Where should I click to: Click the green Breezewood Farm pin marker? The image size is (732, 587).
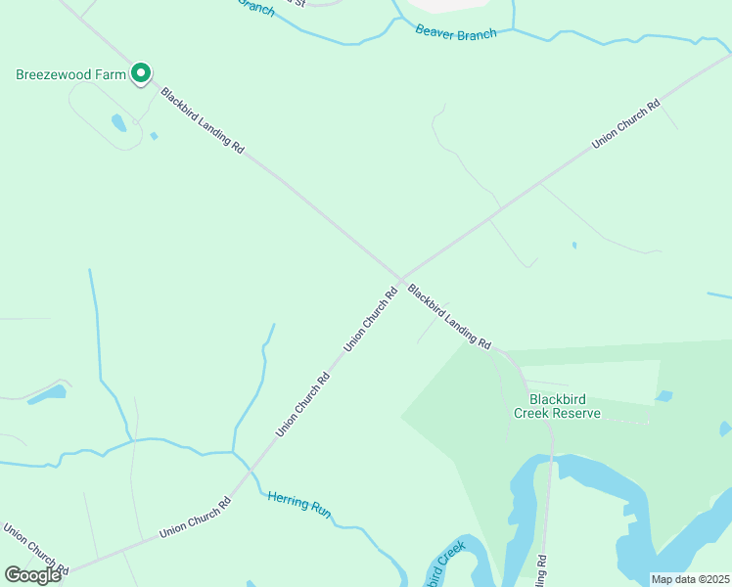(141, 72)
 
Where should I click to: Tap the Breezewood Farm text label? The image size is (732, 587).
(71, 74)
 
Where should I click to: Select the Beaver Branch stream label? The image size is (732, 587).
(456, 31)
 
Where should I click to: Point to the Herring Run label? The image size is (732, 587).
(299, 503)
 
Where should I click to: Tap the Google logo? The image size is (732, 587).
(32, 574)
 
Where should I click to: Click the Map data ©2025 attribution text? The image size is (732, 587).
(690, 579)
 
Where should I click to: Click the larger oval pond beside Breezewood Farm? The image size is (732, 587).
(118, 122)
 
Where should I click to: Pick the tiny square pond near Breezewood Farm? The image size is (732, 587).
(154, 136)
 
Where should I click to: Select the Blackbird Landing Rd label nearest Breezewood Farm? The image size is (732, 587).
(203, 120)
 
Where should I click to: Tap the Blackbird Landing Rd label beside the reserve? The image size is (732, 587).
(449, 316)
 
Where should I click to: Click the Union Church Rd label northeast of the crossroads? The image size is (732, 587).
(625, 124)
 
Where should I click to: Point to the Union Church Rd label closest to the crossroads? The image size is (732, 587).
(371, 319)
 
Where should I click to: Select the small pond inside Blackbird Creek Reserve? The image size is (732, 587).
(665, 396)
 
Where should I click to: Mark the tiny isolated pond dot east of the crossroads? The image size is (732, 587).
(574, 245)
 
